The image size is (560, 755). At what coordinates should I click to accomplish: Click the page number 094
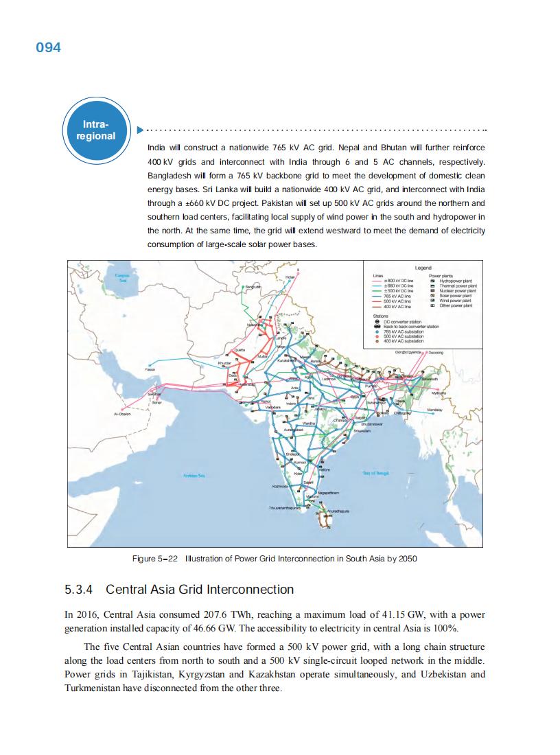point(48,47)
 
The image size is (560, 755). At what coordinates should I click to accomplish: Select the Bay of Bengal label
point(376,473)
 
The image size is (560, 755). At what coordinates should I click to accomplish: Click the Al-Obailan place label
point(122,415)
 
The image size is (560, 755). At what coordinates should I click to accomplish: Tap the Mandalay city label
point(435,409)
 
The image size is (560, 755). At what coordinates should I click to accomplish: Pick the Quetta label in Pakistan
point(240,350)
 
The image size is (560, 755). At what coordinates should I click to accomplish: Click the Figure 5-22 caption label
point(155,559)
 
